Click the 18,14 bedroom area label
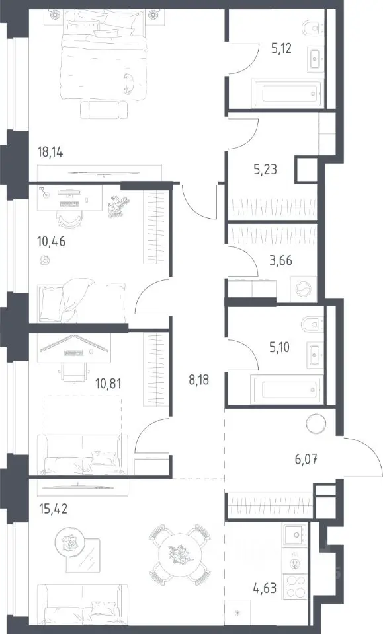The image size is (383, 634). pos(50,153)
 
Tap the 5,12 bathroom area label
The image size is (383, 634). pos(281,48)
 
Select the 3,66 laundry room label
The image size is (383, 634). pos(280,260)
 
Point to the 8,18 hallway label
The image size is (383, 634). pos(199,380)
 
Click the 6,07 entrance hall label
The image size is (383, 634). pos(306,459)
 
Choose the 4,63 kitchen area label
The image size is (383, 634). pos(265,587)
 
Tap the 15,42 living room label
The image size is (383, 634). pos(53,509)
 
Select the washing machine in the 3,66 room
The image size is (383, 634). pos(304,289)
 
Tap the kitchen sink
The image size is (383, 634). pos(296,536)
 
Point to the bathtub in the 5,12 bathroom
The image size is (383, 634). pos(287,94)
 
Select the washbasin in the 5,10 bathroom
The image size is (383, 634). pos(316,355)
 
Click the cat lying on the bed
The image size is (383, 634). pos(129,84)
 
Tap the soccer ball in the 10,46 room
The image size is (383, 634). pos(44,261)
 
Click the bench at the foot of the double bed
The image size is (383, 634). pos(104,110)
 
